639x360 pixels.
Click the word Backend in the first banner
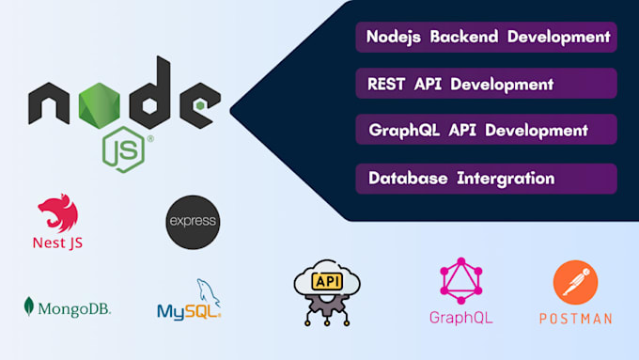464,37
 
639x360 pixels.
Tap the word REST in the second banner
386,85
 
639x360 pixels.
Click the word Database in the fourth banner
408,179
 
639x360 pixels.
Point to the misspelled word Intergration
506,179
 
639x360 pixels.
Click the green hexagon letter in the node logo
99,105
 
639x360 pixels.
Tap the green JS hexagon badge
123,149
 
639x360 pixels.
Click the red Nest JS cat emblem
58,212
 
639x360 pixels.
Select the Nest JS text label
58,243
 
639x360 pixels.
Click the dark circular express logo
193,222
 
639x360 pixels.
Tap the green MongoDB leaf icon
28,306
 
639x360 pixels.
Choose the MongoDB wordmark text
74,309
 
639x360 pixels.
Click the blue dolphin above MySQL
209,292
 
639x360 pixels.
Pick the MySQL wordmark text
189,312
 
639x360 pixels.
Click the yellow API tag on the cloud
327,281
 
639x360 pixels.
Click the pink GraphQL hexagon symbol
460,281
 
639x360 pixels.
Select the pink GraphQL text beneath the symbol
460,318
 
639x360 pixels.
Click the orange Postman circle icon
575,283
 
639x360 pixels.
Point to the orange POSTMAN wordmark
575,319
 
